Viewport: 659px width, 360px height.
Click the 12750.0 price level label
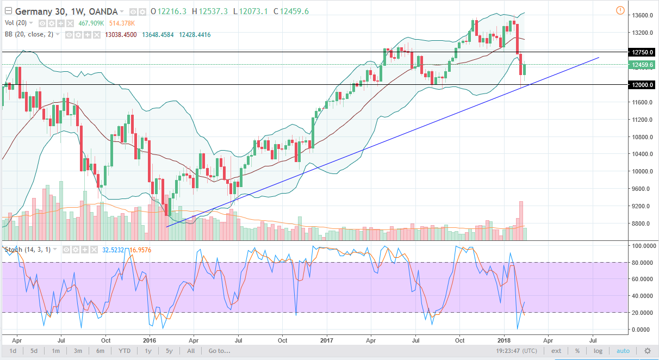643,52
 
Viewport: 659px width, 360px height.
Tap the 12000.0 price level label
643,85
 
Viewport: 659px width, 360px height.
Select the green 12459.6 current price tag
643,65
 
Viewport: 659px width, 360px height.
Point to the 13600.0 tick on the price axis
643,15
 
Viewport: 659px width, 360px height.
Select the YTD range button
125,351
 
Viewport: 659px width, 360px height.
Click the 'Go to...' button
220,351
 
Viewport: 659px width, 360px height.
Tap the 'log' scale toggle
598,351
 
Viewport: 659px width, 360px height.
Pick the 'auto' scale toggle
623,351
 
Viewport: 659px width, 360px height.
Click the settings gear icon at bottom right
648,351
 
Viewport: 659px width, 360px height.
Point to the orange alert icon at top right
621,10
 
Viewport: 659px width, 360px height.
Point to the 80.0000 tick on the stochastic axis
643,263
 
